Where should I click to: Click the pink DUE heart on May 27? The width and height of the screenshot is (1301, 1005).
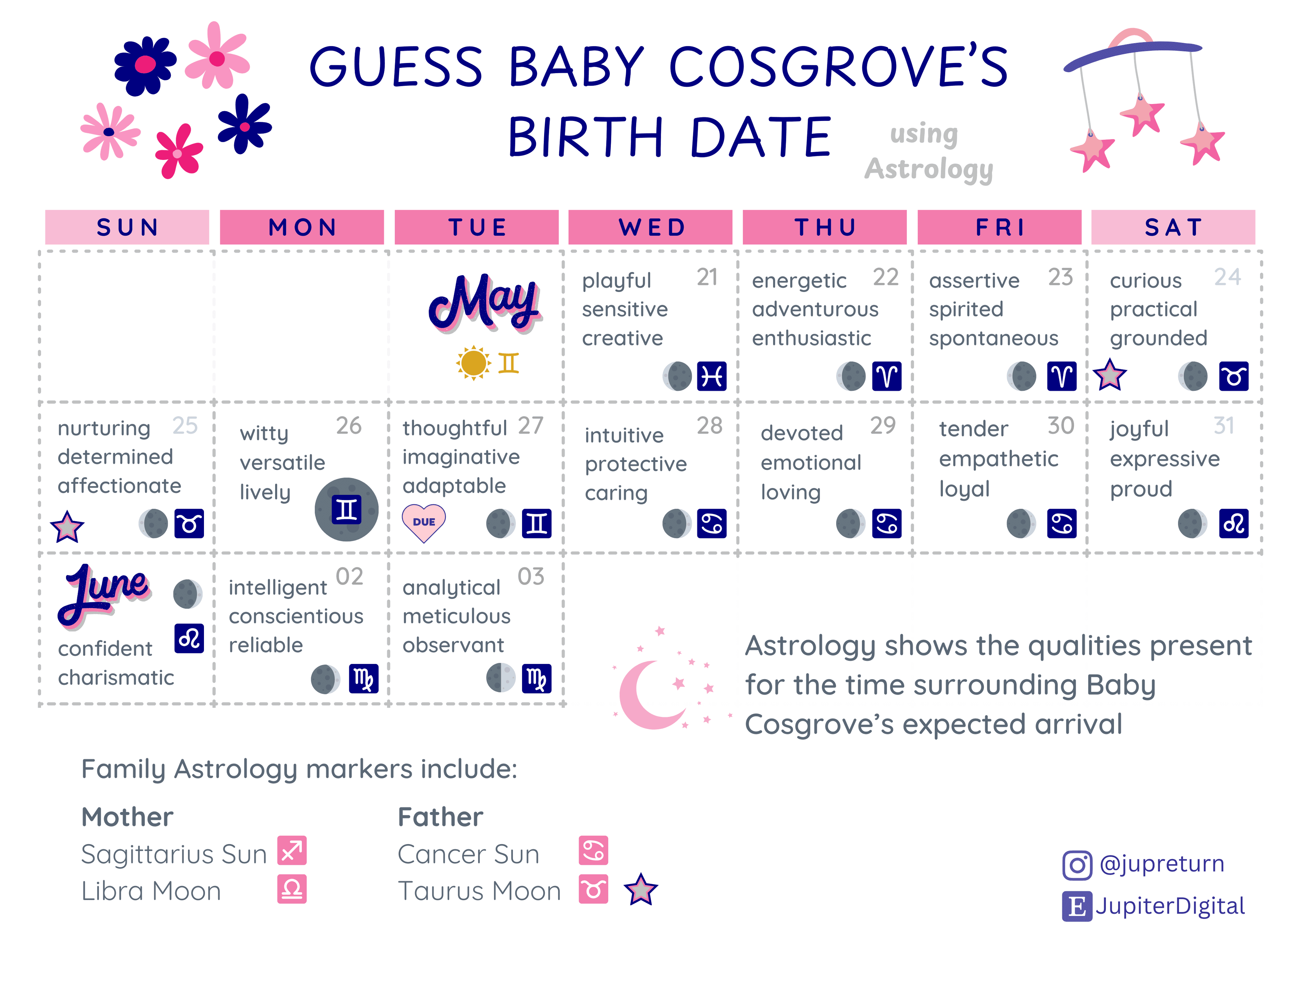click(424, 522)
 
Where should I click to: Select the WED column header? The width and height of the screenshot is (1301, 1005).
click(650, 227)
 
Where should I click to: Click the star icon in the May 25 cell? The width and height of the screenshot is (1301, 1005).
click(67, 527)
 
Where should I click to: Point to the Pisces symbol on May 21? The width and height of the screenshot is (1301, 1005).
click(712, 376)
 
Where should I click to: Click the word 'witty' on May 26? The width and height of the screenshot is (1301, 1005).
click(264, 433)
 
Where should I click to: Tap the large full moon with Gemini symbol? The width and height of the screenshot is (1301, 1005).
click(347, 509)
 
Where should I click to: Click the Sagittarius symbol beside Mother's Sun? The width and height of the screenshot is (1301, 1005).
click(292, 851)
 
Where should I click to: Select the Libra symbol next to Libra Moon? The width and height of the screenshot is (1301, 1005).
click(292, 889)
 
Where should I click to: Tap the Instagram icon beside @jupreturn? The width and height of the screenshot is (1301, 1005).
click(1077, 865)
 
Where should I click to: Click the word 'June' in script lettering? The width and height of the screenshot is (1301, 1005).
click(104, 593)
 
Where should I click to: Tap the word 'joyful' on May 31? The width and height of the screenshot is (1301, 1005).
click(1139, 429)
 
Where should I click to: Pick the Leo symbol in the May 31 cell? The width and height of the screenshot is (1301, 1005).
click(1234, 524)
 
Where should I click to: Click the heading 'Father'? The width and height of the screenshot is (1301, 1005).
click(440, 817)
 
